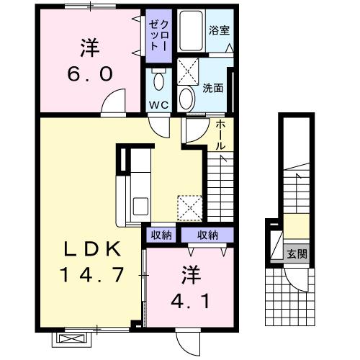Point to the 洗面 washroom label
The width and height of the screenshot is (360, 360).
(x=214, y=89)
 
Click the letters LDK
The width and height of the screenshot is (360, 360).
(x=88, y=249)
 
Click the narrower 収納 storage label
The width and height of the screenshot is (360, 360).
(x=161, y=235)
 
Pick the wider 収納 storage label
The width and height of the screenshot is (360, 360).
(x=208, y=235)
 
